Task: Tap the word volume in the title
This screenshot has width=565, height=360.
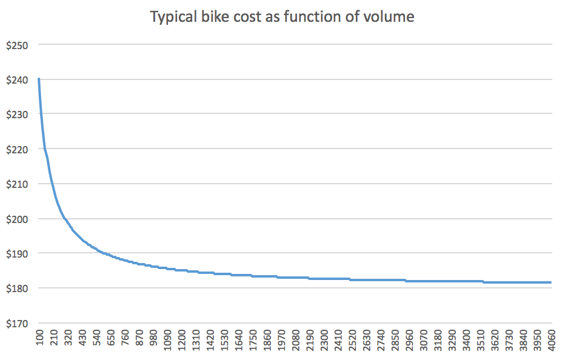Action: (x=390, y=17)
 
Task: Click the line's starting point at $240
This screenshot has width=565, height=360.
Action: (x=39, y=79)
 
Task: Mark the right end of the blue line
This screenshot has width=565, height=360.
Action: (x=550, y=282)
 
